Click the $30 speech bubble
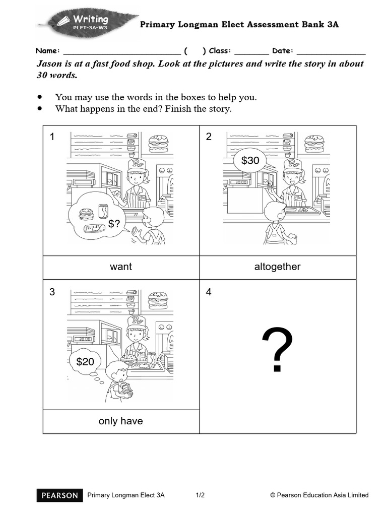pos(250,161)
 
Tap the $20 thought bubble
pos(85,361)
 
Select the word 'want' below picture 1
pos(121,267)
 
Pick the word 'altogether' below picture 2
pos(277,267)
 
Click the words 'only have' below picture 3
pos(121,421)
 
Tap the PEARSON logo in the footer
pos(59,495)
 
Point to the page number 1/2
pos(201,495)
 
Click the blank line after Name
pos(121,51)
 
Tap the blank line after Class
pos(251,51)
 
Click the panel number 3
pos(52,292)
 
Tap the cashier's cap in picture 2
pos(293,164)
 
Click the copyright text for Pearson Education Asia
pos(319,495)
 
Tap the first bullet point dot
pos(40,97)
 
